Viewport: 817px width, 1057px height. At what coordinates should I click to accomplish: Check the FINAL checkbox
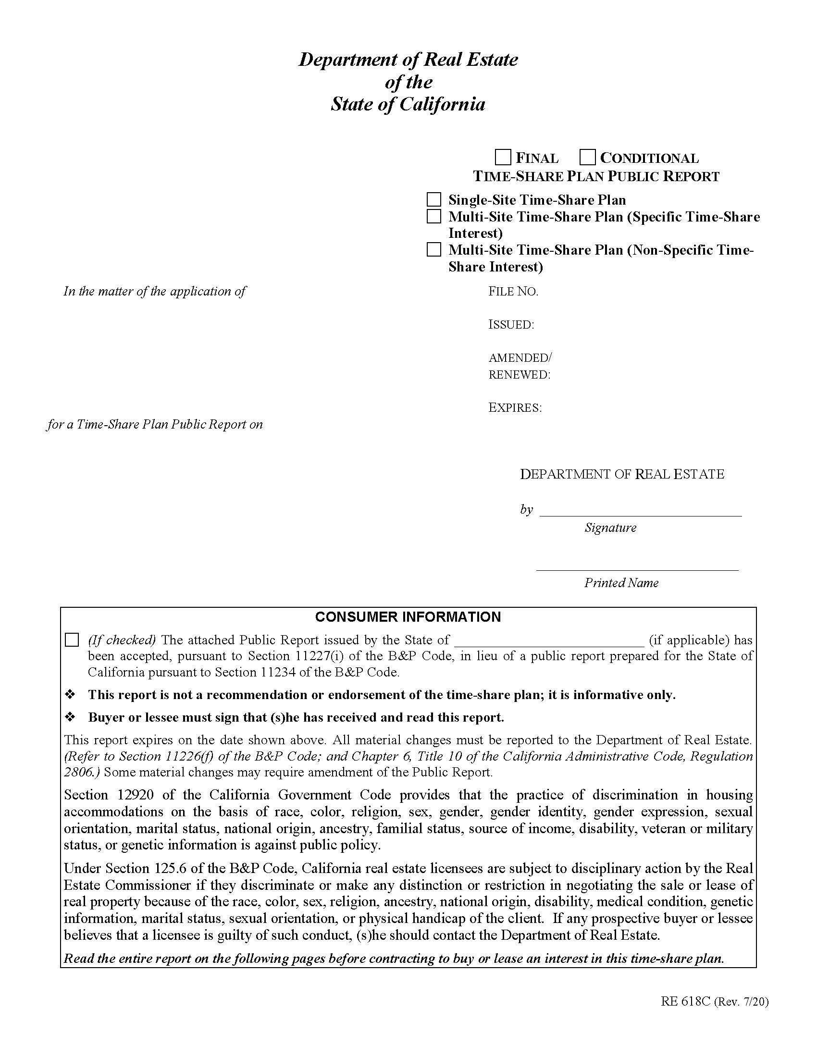point(503,157)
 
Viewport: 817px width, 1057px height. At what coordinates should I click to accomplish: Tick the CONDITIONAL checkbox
point(587,157)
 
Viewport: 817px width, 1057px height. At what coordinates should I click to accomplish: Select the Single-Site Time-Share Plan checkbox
point(433,199)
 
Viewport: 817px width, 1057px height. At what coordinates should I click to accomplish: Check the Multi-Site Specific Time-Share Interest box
point(433,216)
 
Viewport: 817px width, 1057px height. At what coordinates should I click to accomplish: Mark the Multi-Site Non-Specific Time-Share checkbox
point(433,250)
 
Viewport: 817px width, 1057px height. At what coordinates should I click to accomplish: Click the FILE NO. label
point(513,291)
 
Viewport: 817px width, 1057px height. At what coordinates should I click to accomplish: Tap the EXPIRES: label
point(515,407)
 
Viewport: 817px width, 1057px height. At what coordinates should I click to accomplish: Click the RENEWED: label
point(520,375)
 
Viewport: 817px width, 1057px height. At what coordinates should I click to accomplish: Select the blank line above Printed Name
point(637,570)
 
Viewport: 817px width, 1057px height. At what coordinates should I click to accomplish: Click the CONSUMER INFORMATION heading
point(408,617)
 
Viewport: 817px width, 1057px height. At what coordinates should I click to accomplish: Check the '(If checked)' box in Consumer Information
point(72,640)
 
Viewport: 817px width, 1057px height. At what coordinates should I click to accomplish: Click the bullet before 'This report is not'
point(71,695)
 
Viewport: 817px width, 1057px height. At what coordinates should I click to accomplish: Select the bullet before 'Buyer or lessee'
point(71,717)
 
